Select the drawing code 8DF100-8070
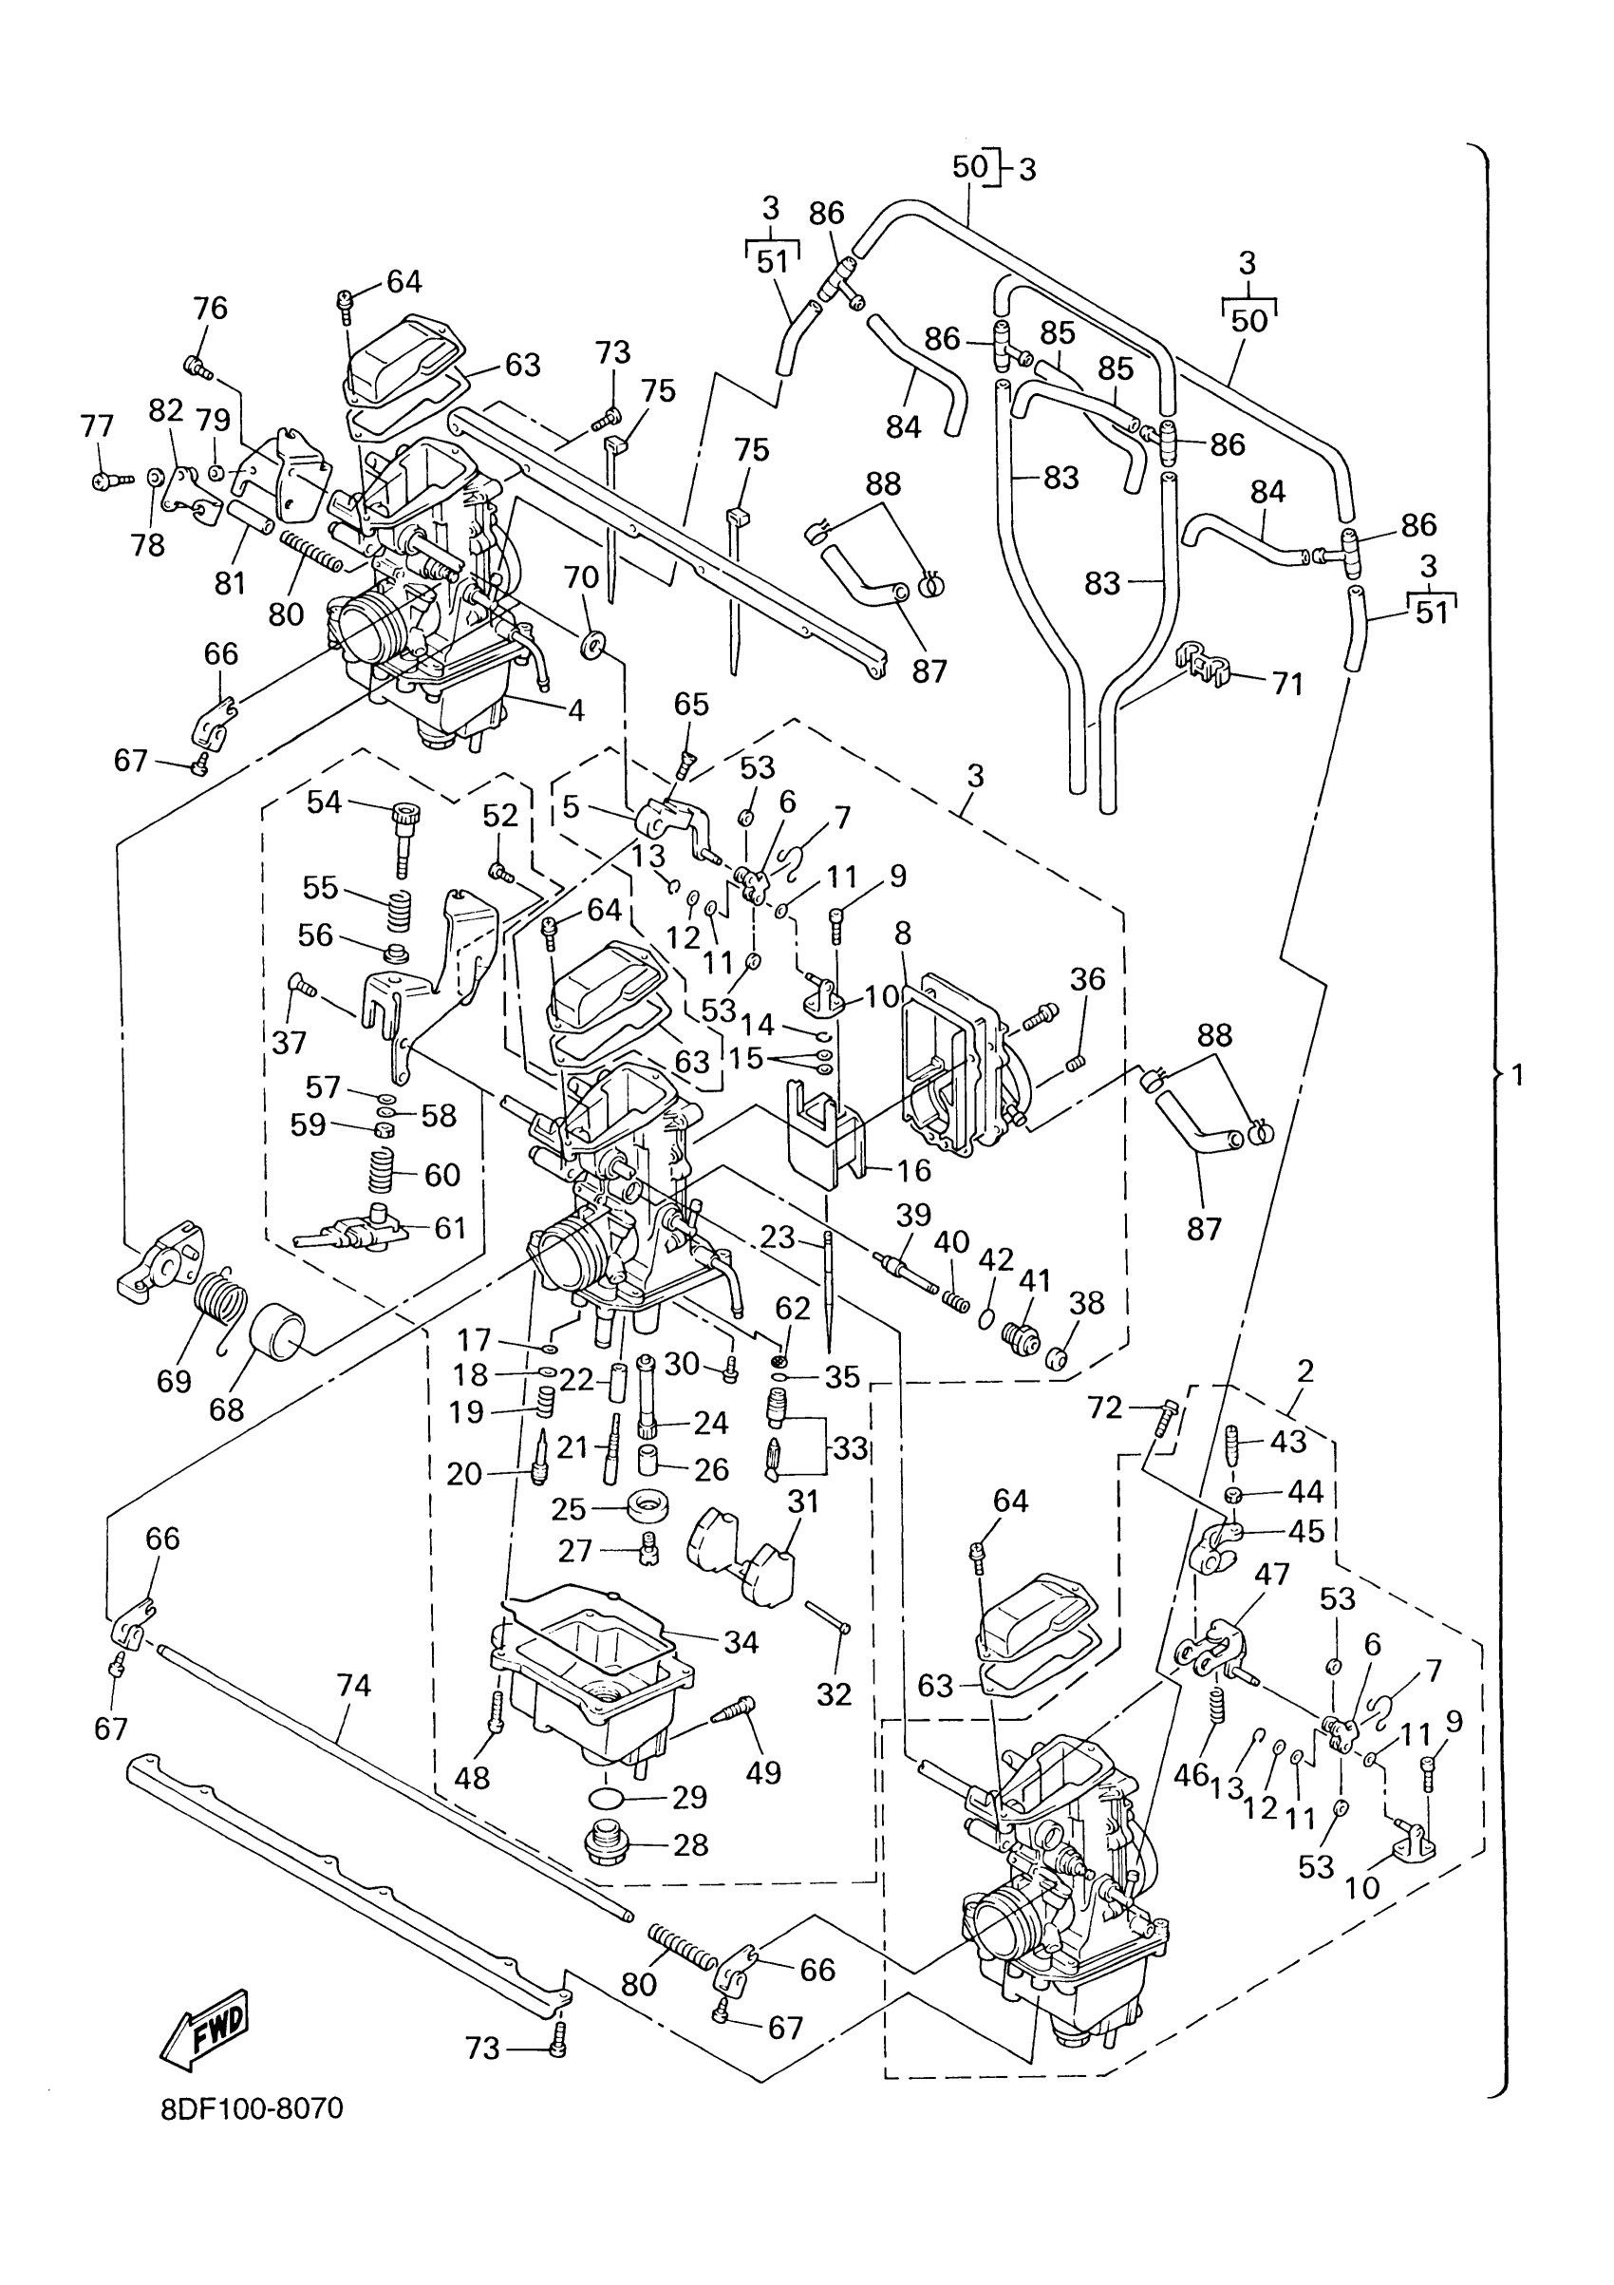(252, 2109)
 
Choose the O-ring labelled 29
(606, 1798)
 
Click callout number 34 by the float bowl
(741, 1641)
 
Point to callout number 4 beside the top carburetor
(575, 709)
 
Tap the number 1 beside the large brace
(1516, 1074)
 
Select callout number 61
(450, 1228)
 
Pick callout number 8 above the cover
(903, 933)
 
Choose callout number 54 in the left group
(325, 803)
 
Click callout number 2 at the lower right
(1305, 1370)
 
